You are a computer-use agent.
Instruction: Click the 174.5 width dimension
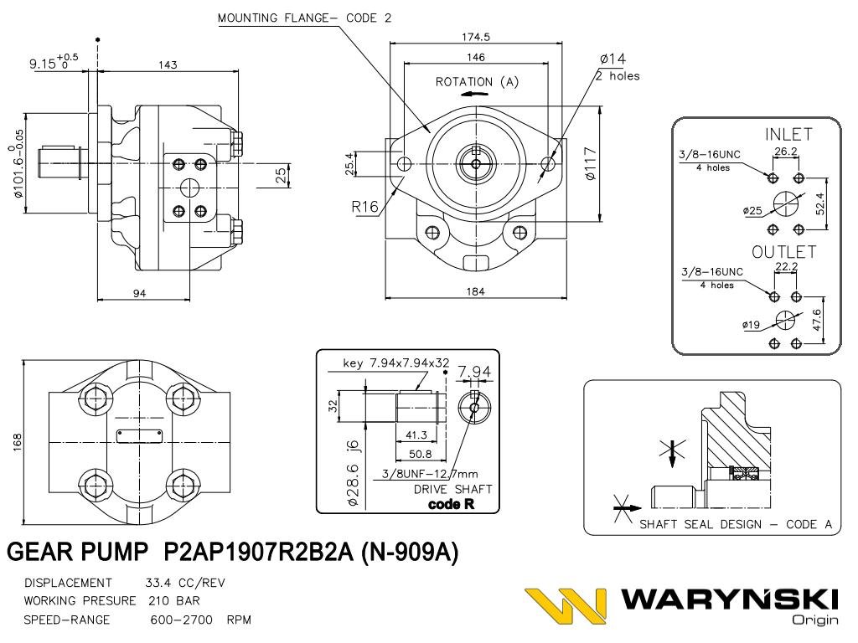point(476,37)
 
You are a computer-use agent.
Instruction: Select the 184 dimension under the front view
point(476,291)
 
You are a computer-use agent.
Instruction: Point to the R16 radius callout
point(364,207)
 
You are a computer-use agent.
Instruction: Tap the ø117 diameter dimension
point(590,163)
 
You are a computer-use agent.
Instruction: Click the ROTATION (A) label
point(477,82)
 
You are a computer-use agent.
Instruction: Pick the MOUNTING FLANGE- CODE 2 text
point(304,18)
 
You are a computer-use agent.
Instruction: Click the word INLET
point(788,134)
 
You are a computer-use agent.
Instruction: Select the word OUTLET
point(783,252)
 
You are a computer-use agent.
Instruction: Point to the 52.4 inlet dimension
point(820,203)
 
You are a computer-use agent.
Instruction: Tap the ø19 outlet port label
point(752,325)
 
